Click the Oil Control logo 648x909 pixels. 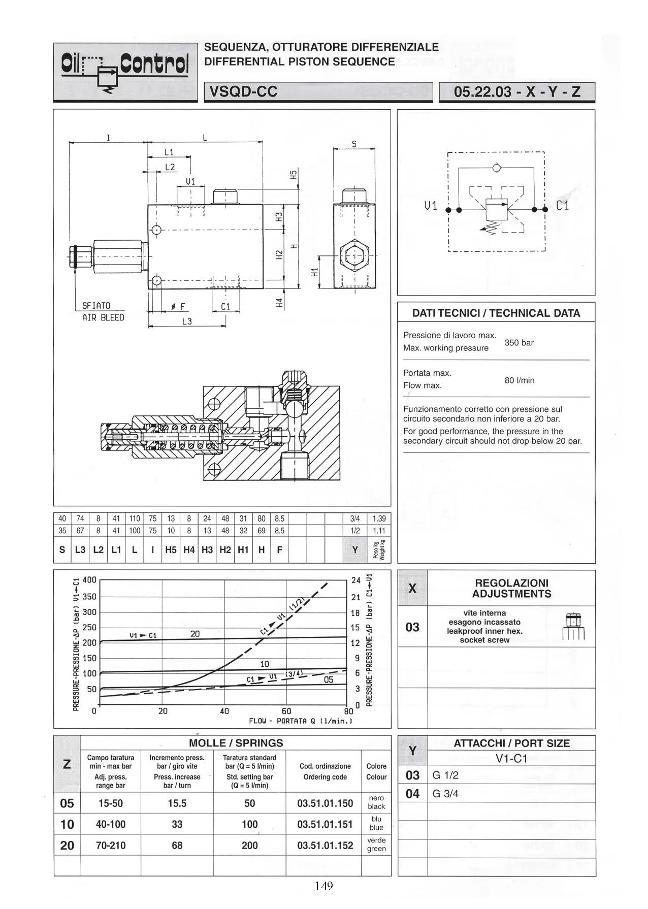tap(125, 72)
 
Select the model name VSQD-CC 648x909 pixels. tap(243, 92)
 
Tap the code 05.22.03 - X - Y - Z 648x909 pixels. tap(517, 92)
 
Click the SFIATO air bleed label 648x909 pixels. tap(103, 311)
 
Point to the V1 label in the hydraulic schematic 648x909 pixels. tap(431, 206)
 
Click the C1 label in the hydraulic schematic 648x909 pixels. tap(563, 206)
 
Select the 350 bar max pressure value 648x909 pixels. tap(519, 343)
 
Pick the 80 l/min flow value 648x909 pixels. tap(520, 380)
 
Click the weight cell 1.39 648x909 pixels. tap(379, 518)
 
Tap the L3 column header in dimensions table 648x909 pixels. tap(80, 550)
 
